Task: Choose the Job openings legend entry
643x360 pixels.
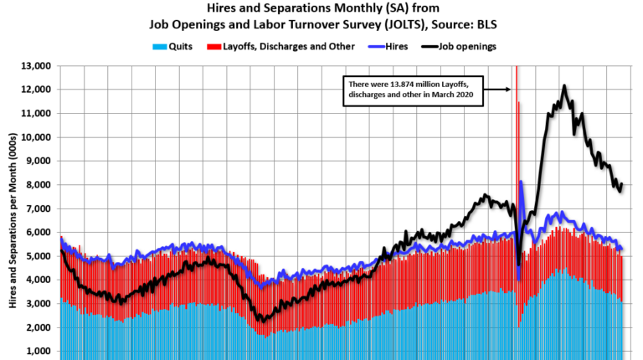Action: (x=462, y=46)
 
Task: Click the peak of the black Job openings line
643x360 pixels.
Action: (x=564, y=85)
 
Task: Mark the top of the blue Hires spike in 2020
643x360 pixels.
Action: (x=521, y=182)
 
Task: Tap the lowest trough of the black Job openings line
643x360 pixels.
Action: (x=262, y=321)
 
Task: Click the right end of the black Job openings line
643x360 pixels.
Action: (x=622, y=184)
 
